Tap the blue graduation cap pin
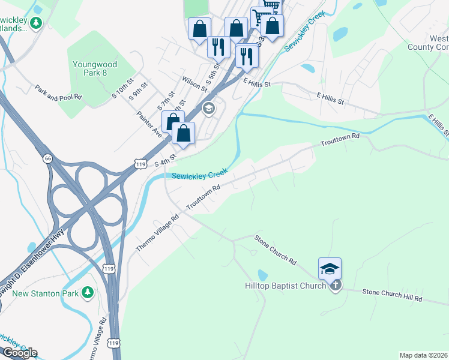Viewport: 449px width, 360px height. [330, 269]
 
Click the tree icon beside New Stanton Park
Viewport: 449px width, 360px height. [88, 292]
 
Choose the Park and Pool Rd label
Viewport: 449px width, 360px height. [58, 92]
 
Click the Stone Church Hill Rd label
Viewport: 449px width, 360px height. [392, 295]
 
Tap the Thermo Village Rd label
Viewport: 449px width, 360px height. [157, 233]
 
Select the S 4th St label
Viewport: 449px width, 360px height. [164, 160]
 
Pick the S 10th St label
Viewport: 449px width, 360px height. [124, 92]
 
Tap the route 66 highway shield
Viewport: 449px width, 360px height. [47, 158]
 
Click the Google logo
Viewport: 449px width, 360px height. [19, 353]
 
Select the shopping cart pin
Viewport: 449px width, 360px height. [260, 16]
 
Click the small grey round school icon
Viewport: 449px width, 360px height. [209, 108]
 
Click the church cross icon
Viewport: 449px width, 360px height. [336, 285]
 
